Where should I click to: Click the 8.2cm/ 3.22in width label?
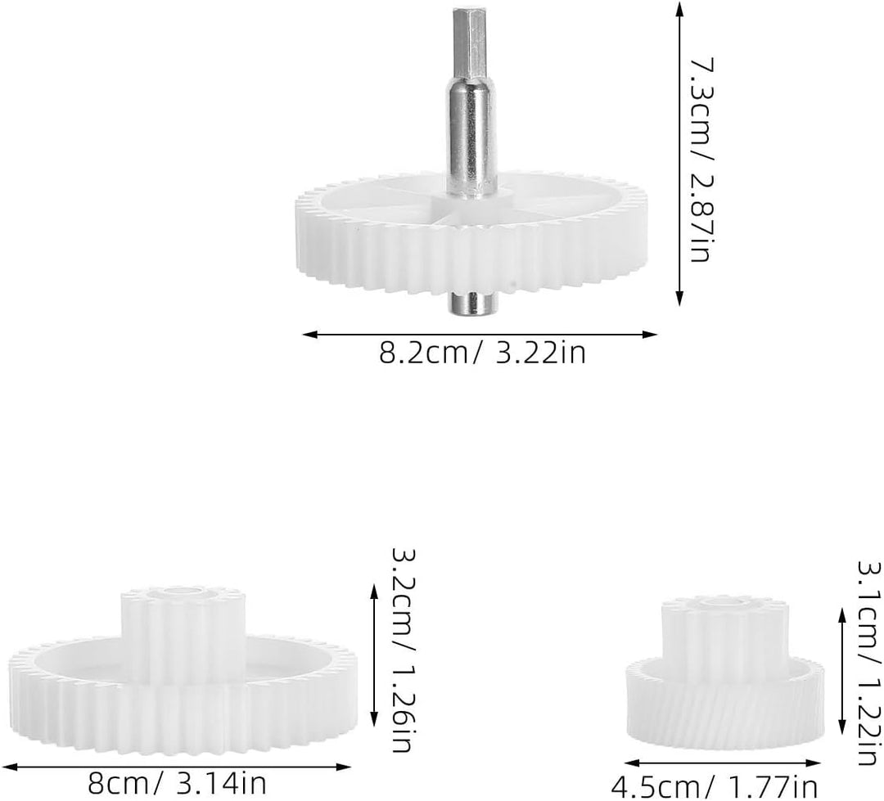point(482,353)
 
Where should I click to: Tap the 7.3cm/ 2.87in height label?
point(703,159)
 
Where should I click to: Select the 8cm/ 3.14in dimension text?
point(177,784)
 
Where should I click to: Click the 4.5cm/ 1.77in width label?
point(715,786)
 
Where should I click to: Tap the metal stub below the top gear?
point(474,303)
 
